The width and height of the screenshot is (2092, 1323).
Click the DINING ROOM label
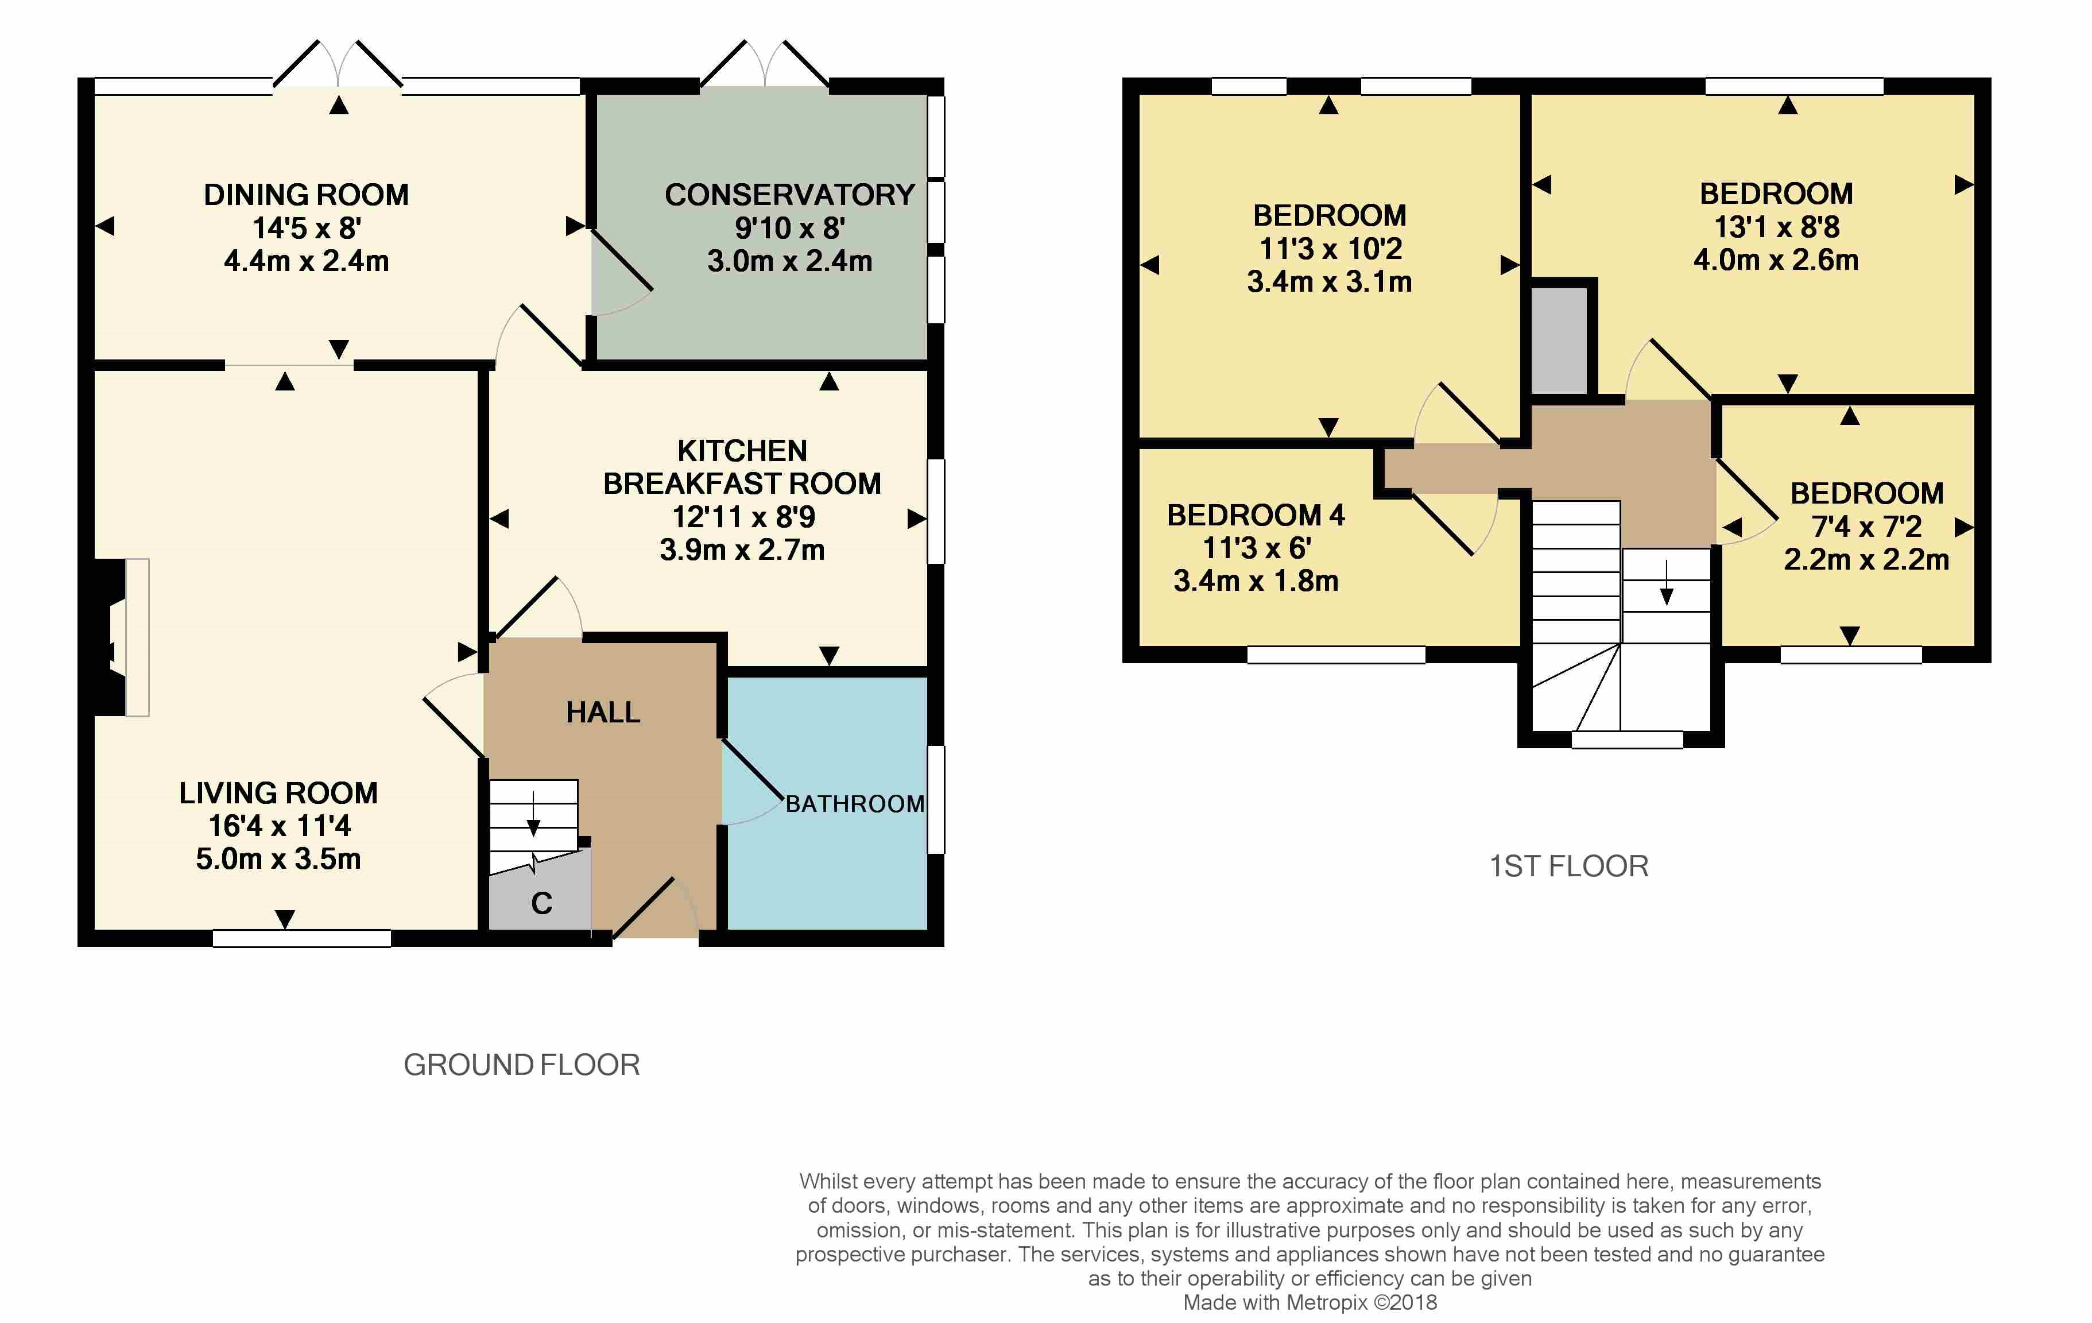point(306,195)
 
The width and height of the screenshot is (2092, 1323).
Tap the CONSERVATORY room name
point(790,195)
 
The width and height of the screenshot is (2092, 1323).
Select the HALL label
point(603,712)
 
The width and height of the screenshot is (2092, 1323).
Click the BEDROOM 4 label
point(1256,515)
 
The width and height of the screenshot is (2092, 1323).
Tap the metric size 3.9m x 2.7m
point(742,550)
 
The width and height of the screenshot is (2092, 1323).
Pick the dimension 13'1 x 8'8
point(1777,227)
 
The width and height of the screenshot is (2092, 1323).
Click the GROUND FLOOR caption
point(521,1065)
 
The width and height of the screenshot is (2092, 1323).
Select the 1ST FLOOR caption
point(1569,866)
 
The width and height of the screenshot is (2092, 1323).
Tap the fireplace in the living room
point(122,637)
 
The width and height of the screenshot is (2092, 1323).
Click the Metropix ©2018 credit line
point(1310,1303)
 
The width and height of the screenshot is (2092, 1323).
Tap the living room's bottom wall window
point(301,938)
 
